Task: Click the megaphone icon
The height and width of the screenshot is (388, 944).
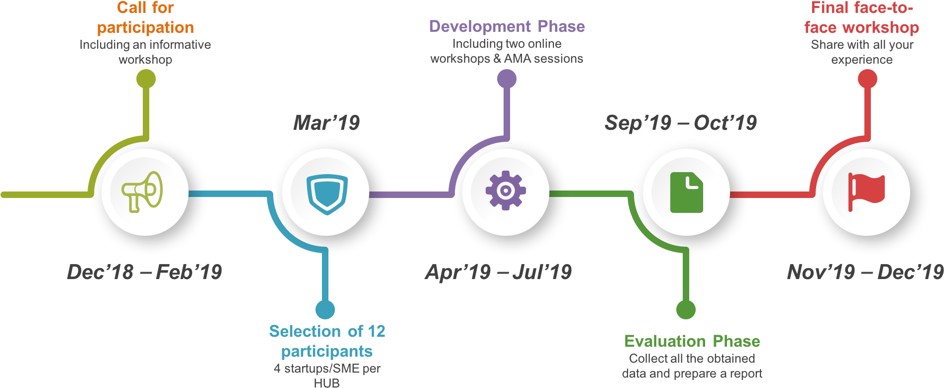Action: click(143, 192)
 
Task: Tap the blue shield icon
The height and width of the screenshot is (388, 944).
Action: click(326, 193)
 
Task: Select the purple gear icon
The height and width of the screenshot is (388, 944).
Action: click(506, 191)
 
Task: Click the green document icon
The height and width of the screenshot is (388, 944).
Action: click(686, 193)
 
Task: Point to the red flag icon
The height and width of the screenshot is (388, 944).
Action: click(866, 192)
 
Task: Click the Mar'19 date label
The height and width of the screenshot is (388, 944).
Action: click(326, 123)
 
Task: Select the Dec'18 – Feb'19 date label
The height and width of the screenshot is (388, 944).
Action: click(144, 272)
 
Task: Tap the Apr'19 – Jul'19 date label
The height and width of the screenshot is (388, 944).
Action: click(499, 272)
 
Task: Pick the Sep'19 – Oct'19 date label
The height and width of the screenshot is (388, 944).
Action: click(680, 123)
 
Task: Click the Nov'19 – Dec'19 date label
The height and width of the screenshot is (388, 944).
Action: click(865, 272)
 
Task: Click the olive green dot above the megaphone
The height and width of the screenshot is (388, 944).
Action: click(146, 79)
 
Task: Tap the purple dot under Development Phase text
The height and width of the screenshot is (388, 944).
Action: click(507, 79)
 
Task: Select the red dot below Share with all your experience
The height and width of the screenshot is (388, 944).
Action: click(867, 79)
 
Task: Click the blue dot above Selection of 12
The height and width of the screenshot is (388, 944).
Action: click(325, 309)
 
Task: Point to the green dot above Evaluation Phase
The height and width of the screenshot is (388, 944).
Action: click(686, 309)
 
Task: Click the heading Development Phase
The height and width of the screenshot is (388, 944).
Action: click(507, 26)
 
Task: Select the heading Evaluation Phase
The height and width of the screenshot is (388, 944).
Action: click(692, 341)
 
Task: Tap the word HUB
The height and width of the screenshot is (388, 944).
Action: click(326, 383)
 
